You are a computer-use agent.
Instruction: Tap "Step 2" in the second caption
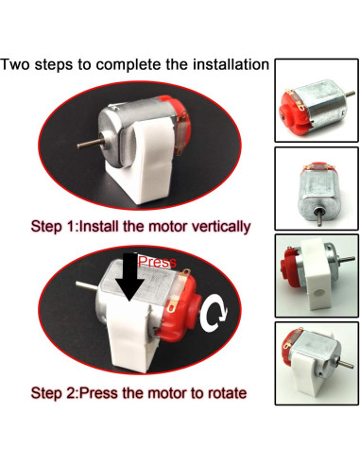(x=55, y=391)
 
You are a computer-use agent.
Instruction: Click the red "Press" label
(x=157, y=262)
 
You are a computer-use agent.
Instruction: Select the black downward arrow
(x=128, y=281)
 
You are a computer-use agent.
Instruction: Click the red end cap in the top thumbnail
(x=289, y=109)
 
